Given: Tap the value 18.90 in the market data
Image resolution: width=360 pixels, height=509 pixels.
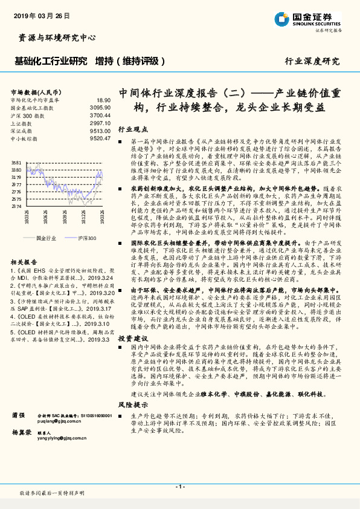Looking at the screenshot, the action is (x=103, y=100).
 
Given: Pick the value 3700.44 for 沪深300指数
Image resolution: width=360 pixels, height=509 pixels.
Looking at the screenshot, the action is (x=100, y=114).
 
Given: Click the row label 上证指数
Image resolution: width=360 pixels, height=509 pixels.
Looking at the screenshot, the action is (x=22, y=122).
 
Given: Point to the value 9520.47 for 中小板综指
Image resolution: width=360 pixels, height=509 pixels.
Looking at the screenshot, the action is (x=100, y=138).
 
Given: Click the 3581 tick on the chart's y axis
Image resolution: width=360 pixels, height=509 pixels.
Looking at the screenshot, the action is (x=16, y=163).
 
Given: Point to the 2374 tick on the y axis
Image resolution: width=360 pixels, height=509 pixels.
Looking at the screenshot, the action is (x=16, y=206).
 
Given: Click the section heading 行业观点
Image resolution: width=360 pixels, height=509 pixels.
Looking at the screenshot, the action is (x=132, y=129).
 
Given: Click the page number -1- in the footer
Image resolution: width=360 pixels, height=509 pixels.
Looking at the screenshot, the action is (x=179, y=487).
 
